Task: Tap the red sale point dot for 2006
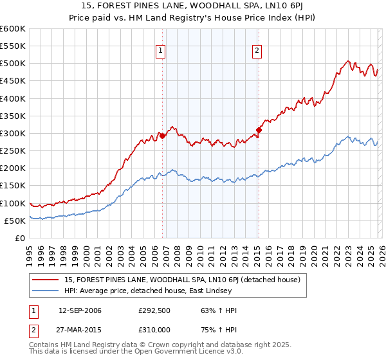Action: (x=162, y=136)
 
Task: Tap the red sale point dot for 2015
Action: (x=259, y=130)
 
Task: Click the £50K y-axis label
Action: (x=15, y=221)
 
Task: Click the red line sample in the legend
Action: (x=46, y=279)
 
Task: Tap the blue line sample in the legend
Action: (x=46, y=290)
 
